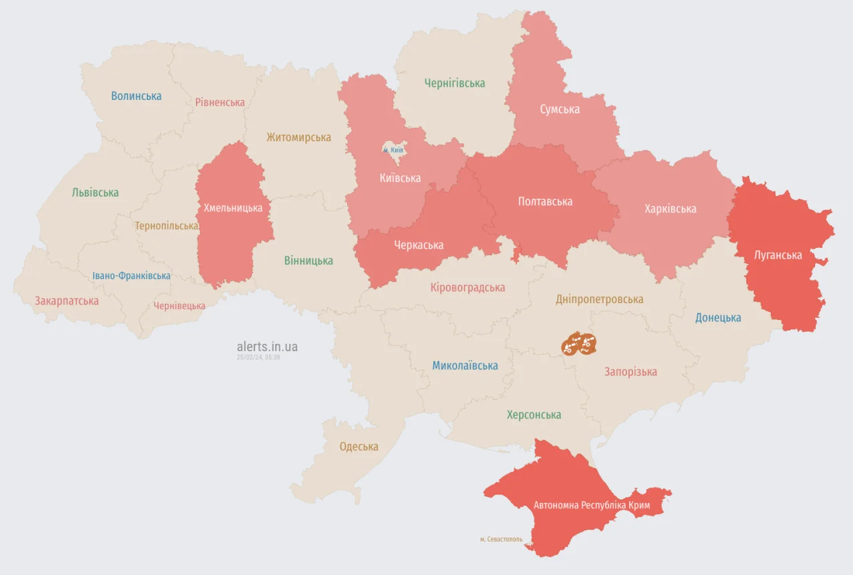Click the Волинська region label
[136, 96]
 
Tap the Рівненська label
[220, 103]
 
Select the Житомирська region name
[299, 137]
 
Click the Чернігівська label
[454, 83]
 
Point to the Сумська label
[560, 109]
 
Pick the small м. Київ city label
[393, 151]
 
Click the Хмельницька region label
[233, 208]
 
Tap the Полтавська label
[545, 201]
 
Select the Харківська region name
[670, 209]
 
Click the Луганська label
[778, 255]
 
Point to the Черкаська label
[419, 245]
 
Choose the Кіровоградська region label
[467, 288]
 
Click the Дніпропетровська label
[600, 299]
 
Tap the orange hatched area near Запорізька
[578, 344]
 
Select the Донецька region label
[718, 318]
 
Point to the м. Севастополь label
[501, 539]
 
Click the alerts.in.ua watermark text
[267, 346]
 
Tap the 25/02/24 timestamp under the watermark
[258, 358]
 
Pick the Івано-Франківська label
[131, 276]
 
